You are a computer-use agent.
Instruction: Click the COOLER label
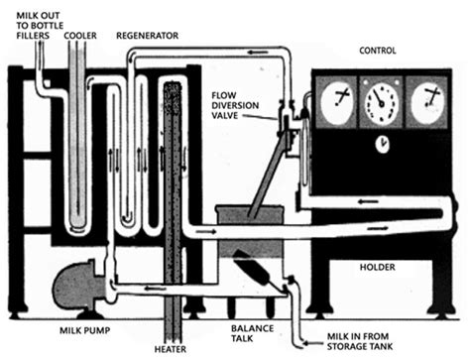80,36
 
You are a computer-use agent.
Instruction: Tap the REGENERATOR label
147,36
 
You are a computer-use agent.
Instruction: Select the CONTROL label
378,51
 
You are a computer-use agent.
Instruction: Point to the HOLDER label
377,267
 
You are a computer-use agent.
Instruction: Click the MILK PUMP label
84,330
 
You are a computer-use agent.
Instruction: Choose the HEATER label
171,349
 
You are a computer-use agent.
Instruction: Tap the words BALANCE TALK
252,333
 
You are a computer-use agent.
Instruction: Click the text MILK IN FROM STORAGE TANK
360,341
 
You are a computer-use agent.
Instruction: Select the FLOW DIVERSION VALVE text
235,105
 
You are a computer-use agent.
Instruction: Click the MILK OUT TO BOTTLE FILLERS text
40,26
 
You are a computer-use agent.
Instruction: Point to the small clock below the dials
383,145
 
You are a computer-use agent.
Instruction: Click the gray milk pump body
79,286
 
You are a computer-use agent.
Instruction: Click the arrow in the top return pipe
258,53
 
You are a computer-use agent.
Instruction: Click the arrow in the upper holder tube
369,201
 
